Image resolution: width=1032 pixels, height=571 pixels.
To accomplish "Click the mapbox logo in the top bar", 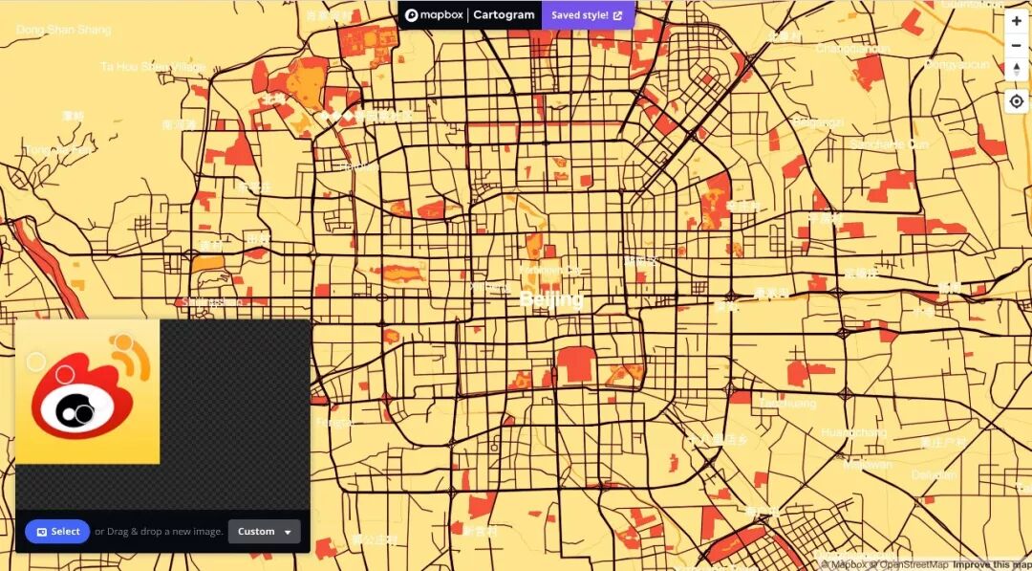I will (x=436, y=15).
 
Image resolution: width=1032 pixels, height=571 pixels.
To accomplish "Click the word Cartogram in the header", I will (x=505, y=15).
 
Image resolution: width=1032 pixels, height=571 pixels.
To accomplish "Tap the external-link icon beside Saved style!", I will (x=617, y=15).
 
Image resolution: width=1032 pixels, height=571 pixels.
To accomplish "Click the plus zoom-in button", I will (x=1016, y=21).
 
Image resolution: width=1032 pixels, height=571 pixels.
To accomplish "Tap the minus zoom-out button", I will (x=1016, y=45).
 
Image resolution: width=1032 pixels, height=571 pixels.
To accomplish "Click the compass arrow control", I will (x=1016, y=70).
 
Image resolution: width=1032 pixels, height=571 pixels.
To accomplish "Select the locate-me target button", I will (x=1016, y=100).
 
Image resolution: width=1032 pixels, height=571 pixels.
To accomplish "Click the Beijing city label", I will (x=550, y=300).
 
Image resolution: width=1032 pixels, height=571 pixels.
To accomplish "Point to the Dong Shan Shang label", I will (x=63, y=30).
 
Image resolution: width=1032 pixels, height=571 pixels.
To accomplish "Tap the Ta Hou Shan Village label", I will (x=153, y=67).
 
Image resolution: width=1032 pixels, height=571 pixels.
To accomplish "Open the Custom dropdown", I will (x=264, y=532).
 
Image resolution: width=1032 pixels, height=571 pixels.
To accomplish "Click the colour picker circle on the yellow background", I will (x=35, y=362).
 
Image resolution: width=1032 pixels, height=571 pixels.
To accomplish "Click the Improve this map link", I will (x=991, y=564).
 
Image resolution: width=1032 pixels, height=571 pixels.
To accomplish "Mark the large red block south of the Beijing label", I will (x=574, y=364).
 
